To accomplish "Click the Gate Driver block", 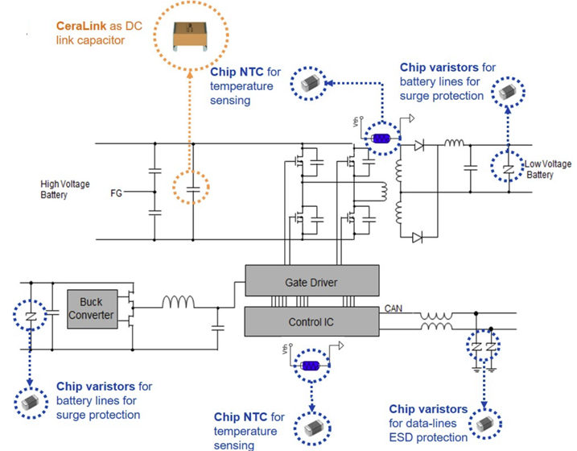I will click(x=311, y=282).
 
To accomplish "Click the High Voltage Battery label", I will click(x=65, y=189).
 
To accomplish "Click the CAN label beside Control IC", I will click(x=394, y=308).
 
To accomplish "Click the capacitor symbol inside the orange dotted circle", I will click(x=192, y=191).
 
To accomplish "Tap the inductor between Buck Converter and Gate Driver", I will click(x=177, y=304).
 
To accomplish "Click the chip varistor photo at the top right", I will click(x=507, y=93).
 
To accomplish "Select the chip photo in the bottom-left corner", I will click(x=31, y=399).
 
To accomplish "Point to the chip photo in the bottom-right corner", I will click(x=484, y=423).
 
